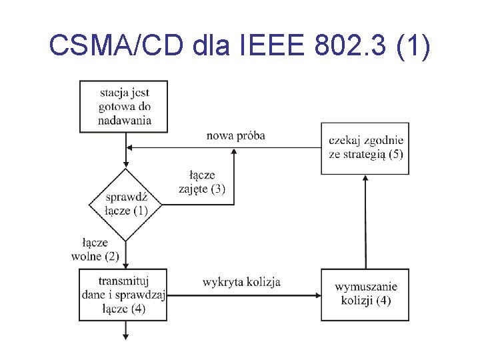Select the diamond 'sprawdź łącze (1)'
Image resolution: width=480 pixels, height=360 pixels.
tap(125, 204)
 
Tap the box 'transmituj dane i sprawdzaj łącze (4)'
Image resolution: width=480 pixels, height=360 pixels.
tap(125, 294)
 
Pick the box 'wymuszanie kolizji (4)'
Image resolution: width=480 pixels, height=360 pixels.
tap(365, 294)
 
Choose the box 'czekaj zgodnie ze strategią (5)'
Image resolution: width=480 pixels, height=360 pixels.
tap(365, 148)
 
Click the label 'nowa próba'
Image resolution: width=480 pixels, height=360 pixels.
tap(235, 135)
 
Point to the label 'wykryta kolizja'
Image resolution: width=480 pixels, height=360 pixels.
tap(241, 282)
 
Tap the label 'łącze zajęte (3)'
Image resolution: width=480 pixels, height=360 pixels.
tap(202, 182)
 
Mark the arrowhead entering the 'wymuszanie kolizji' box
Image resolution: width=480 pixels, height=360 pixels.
tap(317, 294)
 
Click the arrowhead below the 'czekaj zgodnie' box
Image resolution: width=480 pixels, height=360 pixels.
tap(365, 180)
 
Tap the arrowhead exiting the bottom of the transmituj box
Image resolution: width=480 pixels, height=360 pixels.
tap(125, 337)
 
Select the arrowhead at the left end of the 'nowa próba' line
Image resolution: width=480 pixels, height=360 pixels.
tap(131, 148)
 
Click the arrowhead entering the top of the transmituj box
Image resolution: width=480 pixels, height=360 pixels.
tap(125, 265)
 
